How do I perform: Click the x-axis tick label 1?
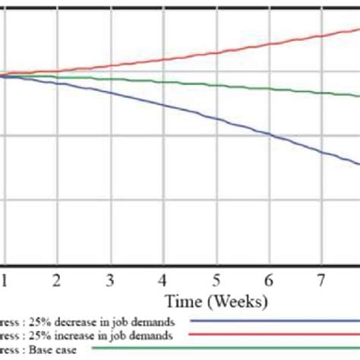click(4, 279)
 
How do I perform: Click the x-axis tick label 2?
click(57, 279)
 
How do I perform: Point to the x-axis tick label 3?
click(110, 279)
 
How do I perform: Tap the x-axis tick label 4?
click(163, 279)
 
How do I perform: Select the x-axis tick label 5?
click(216, 279)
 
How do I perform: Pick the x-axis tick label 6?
click(270, 279)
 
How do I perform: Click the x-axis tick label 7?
click(322, 279)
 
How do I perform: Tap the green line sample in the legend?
click(228, 349)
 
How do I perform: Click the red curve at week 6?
click(270, 43)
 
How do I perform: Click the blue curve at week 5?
click(216, 119)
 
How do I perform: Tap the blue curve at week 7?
click(322, 152)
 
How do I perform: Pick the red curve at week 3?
click(110, 66)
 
